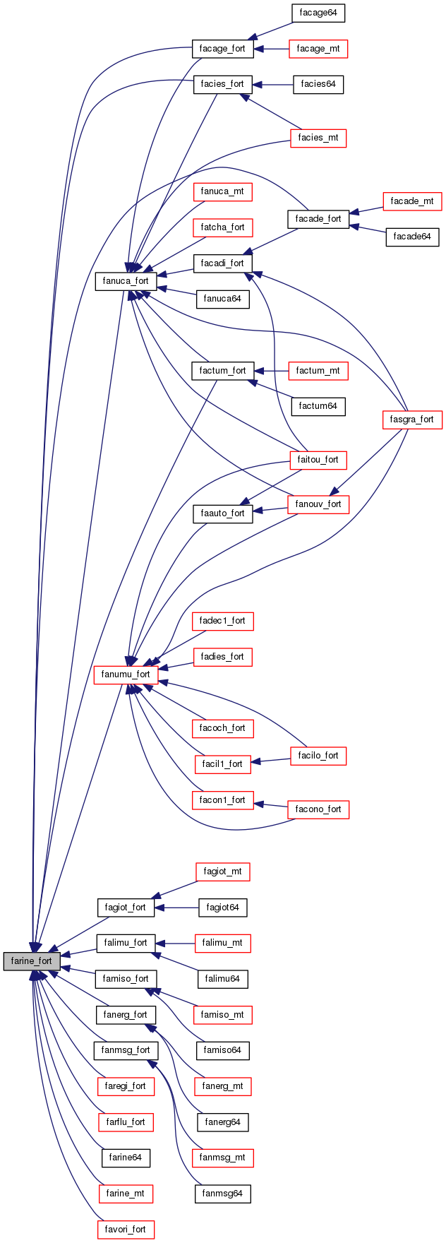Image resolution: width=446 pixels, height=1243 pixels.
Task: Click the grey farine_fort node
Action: click(x=31, y=961)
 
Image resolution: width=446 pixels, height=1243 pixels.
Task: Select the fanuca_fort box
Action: click(x=125, y=281)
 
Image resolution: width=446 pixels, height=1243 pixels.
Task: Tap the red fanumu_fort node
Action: click(x=125, y=674)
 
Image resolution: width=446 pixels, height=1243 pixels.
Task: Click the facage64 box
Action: click(x=318, y=13)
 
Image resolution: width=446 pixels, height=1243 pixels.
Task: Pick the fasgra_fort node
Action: click(x=411, y=420)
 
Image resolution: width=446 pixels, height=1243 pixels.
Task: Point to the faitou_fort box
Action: click(x=318, y=460)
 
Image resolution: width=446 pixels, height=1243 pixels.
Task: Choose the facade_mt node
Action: click(x=411, y=201)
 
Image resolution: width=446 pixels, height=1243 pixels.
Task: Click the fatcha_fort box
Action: click(x=222, y=227)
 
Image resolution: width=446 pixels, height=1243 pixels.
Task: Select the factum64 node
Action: click(x=318, y=406)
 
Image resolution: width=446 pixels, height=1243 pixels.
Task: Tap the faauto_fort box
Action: click(x=222, y=513)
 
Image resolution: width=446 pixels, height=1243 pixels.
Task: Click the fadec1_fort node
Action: click(x=222, y=621)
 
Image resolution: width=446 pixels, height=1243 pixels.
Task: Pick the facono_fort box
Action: click(x=318, y=809)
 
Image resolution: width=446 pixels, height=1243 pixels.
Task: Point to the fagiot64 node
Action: click(x=222, y=908)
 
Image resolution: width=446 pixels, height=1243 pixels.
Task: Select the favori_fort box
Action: click(x=126, y=1230)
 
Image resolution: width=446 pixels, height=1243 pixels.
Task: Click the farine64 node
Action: click(x=126, y=1158)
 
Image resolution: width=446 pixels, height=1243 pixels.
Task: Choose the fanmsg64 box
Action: click(x=222, y=1194)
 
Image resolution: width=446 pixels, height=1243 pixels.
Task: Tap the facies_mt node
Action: click(x=318, y=138)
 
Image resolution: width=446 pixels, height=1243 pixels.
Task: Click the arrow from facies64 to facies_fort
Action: click(x=272, y=85)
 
